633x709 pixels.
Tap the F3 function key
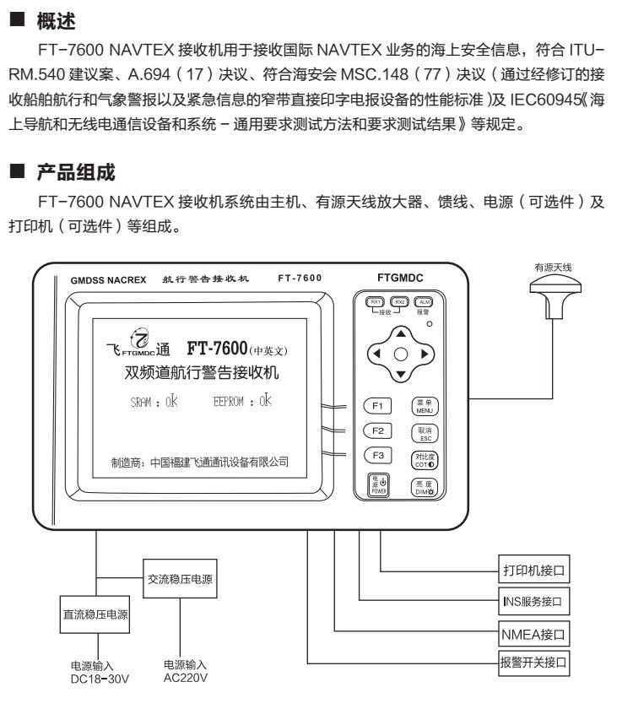click(x=379, y=456)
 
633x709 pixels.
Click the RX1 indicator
click(x=374, y=301)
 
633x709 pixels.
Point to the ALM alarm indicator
click(x=423, y=301)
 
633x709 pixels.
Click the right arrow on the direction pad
click(x=425, y=354)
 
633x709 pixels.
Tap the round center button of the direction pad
click(x=401, y=354)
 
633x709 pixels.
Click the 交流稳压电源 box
click(x=179, y=580)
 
